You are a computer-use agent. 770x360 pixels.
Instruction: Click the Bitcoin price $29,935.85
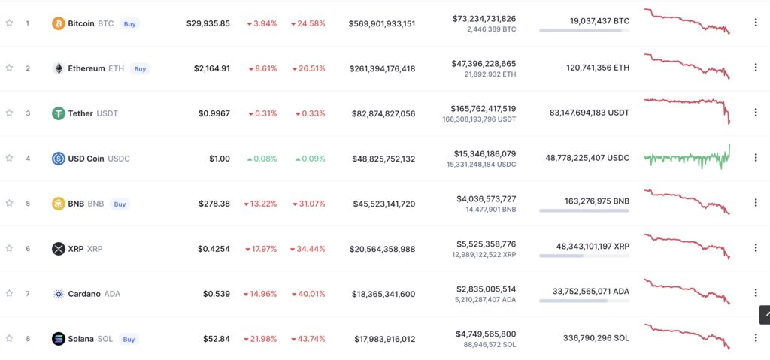(208, 23)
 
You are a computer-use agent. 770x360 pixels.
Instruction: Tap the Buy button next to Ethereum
(140, 68)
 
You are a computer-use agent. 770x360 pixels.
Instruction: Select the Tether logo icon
(58, 113)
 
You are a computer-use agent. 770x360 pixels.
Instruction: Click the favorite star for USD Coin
(9, 159)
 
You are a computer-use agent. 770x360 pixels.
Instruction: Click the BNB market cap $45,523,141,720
(382, 204)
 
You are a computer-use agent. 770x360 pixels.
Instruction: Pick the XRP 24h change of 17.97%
(262, 249)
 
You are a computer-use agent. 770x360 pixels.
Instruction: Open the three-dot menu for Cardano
(755, 293)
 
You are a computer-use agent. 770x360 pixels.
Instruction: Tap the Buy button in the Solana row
(129, 339)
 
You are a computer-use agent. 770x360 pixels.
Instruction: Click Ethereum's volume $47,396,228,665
(484, 63)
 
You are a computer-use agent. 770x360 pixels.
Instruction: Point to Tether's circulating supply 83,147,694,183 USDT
(590, 113)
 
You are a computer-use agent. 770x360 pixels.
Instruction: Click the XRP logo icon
(58, 249)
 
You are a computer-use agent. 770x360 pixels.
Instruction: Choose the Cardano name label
(84, 294)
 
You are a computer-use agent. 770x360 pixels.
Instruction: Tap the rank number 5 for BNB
(28, 204)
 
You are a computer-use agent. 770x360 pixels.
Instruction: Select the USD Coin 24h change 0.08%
(262, 159)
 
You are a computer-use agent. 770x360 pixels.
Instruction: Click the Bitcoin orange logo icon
(58, 23)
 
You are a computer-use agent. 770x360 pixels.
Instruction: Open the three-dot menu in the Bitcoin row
(755, 23)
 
